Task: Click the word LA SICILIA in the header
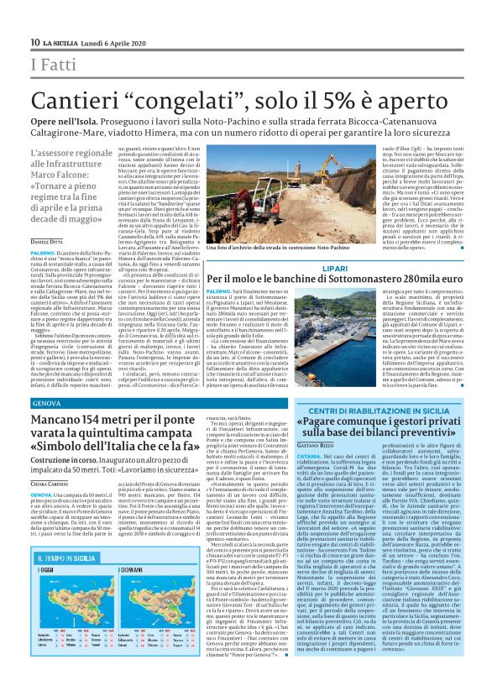(x=61, y=42)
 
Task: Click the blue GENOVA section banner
(x=46, y=404)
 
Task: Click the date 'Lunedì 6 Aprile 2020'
(x=118, y=42)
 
